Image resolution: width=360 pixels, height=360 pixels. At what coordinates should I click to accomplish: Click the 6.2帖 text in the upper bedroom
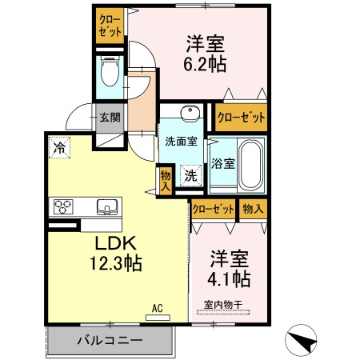[x=206, y=65]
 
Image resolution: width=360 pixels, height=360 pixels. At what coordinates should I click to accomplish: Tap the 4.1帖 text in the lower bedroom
[x=230, y=279]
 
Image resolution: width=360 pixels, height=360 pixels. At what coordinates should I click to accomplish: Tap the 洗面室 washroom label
[x=181, y=141]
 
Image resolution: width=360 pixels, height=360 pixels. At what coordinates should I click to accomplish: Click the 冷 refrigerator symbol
[x=59, y=146]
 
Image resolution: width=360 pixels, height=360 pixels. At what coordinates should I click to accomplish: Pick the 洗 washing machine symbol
[x=192, y=174]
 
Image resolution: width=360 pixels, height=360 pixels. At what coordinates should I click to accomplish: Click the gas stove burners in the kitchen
[x=65, y=207]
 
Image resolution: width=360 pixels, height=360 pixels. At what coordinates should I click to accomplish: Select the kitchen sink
[x=106, y=207]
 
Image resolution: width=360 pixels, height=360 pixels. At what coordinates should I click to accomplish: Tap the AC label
[x=157, y=306]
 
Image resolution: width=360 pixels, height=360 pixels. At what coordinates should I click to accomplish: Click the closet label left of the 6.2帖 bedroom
[x=109, y=26]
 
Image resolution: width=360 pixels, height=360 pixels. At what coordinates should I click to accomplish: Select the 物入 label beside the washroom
[x=165, y=178]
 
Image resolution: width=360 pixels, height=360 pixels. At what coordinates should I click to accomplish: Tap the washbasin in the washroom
[x=189, y=113]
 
